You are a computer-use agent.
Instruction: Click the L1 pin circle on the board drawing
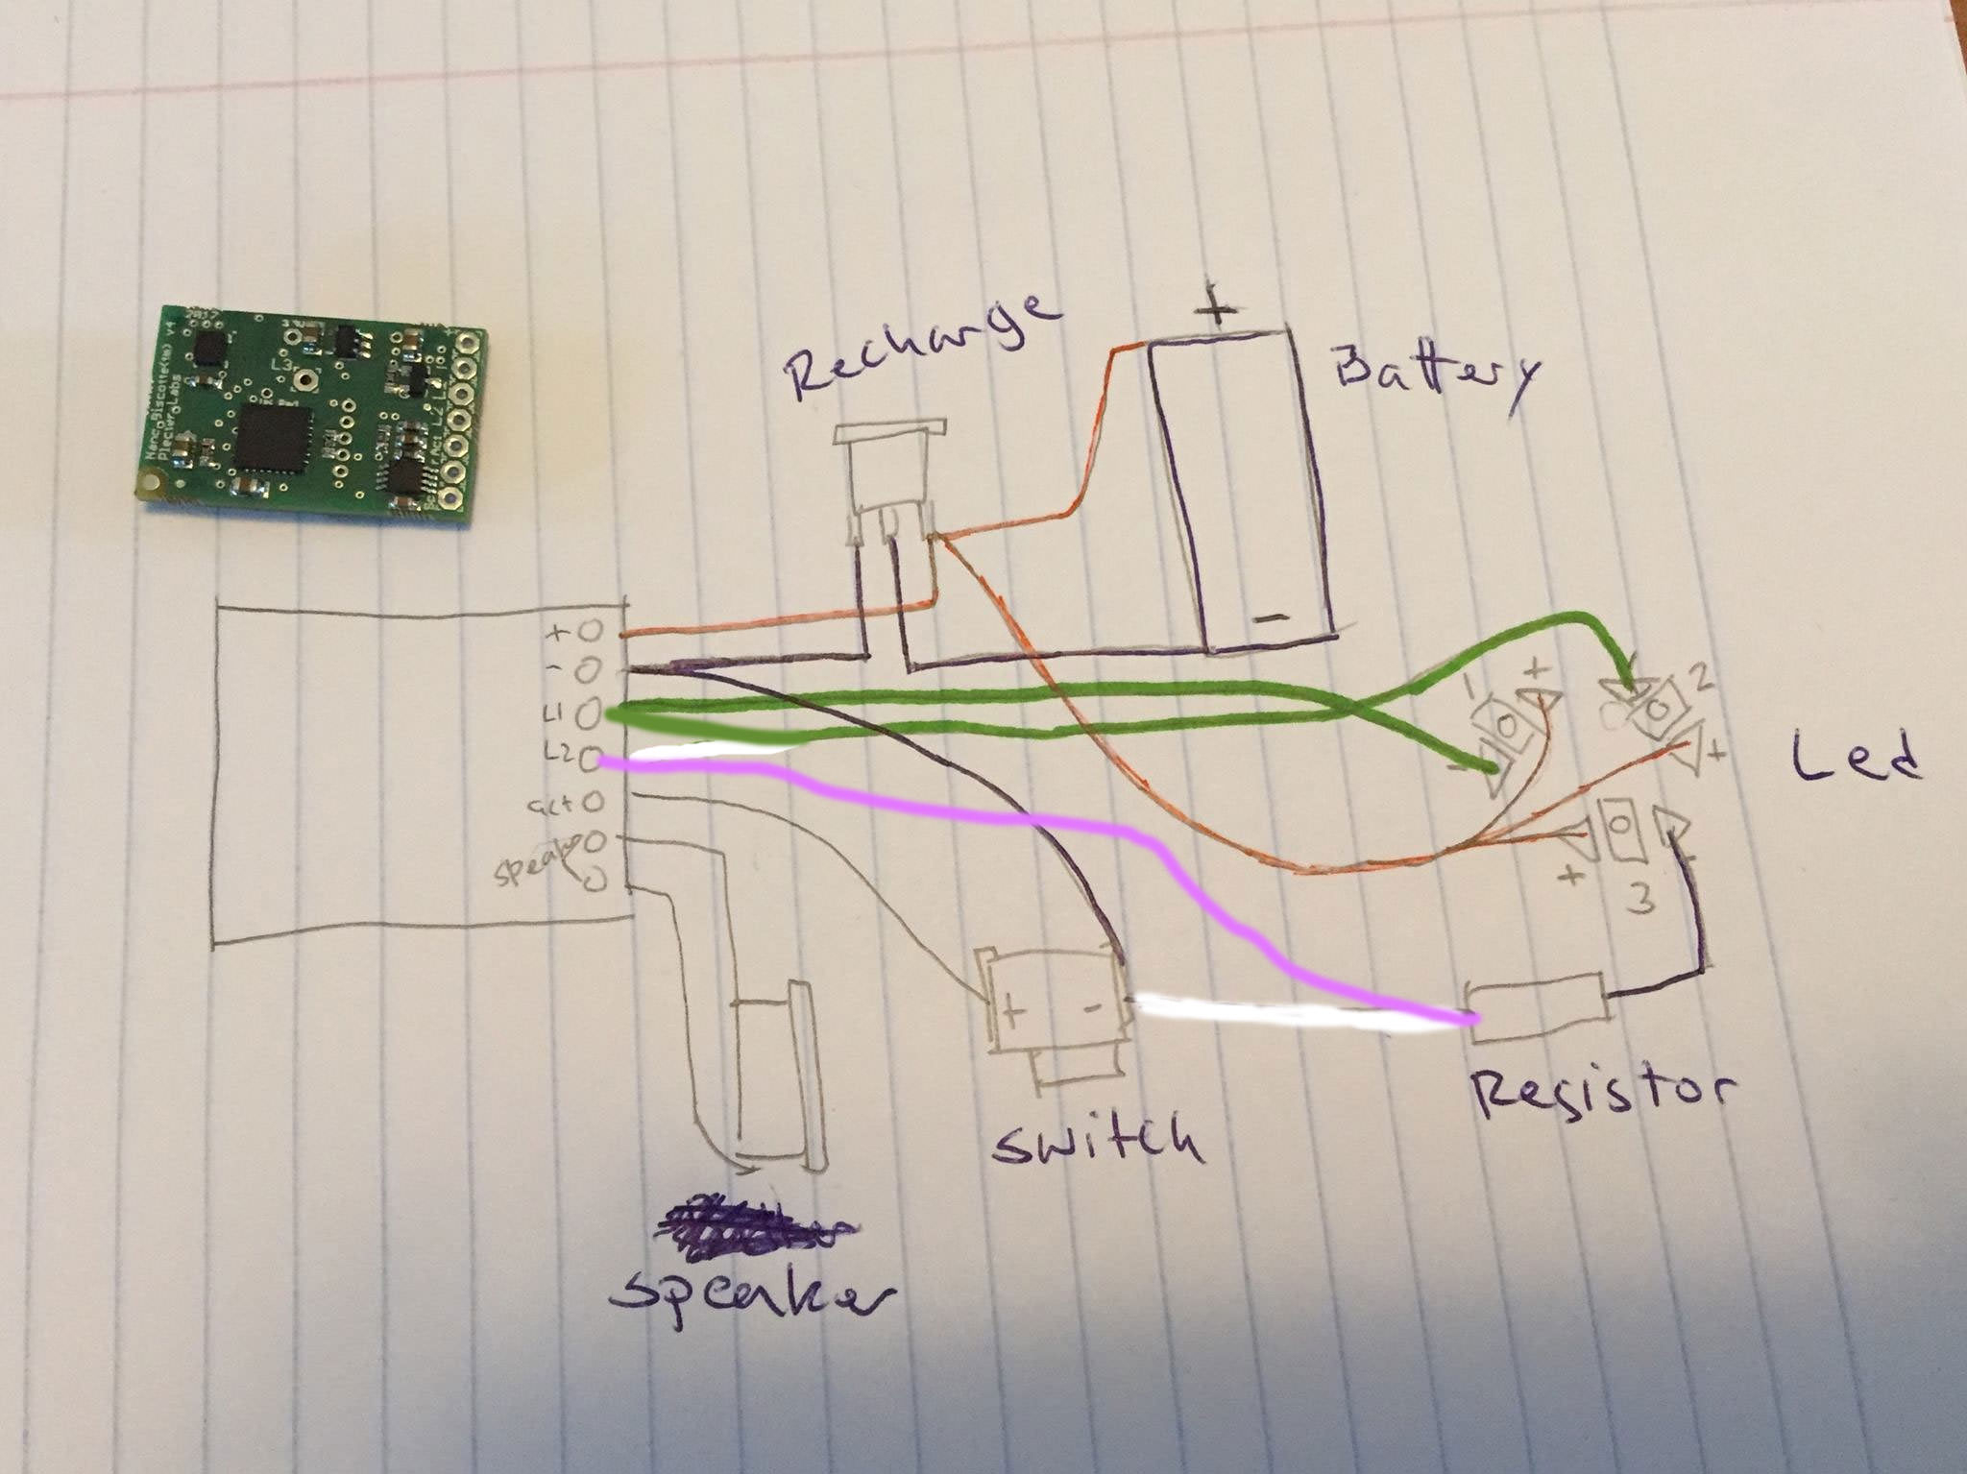[590, 715]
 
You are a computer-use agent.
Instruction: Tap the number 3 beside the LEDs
[1643, 902]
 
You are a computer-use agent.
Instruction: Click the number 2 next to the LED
[1701, 680]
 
